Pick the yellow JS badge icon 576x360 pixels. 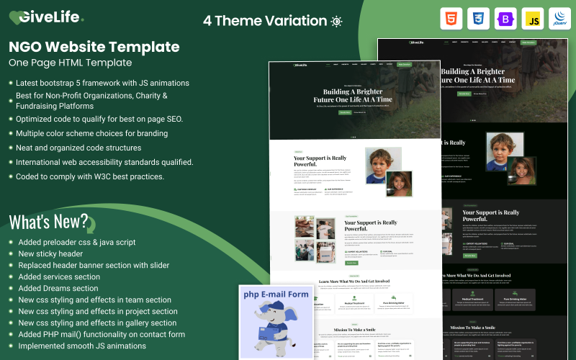[533, 19]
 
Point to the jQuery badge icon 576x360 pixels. [559, 19]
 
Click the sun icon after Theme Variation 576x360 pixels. [336, 21]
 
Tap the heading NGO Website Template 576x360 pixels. [94, 47]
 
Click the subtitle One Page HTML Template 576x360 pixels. [75, 63]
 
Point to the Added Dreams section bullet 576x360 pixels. [58, 288]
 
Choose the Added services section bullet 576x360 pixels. [59, 276]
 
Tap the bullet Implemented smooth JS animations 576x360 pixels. [82, 346]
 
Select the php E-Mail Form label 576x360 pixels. [276, 294]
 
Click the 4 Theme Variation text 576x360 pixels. [264, 21]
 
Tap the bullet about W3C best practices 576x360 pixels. [90, 176]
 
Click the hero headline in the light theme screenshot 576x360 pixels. [353, 95]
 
